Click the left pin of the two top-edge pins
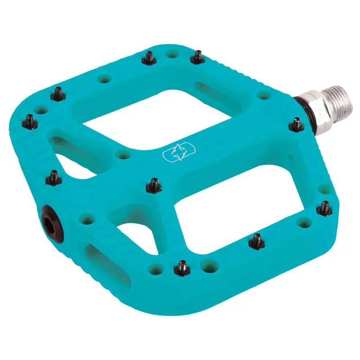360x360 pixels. coord(149,58)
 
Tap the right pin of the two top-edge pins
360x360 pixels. coord(197,56)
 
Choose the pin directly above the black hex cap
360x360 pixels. coord(54,176)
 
